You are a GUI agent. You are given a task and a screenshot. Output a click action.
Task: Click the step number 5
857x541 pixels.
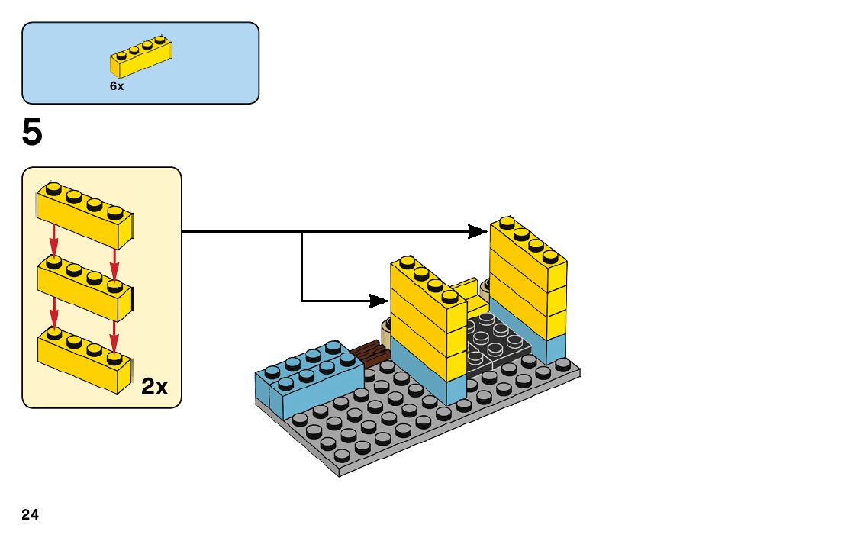coord(32,134)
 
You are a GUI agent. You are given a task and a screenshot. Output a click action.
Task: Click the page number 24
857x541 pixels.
coord(31,515)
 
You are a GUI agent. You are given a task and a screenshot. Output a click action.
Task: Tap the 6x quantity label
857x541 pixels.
coord(117,86)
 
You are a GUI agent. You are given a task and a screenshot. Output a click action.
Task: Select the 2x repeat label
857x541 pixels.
coord(155,387)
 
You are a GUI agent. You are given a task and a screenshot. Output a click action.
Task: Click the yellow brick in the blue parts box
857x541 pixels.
coord(140,57)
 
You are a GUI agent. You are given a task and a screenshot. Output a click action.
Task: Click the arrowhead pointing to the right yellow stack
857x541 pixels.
coord(479,230)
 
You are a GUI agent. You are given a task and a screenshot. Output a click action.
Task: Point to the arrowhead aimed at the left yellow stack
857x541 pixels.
coord(379,300)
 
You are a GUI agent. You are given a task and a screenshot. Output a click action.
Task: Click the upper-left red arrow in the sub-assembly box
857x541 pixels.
coord(53,240)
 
